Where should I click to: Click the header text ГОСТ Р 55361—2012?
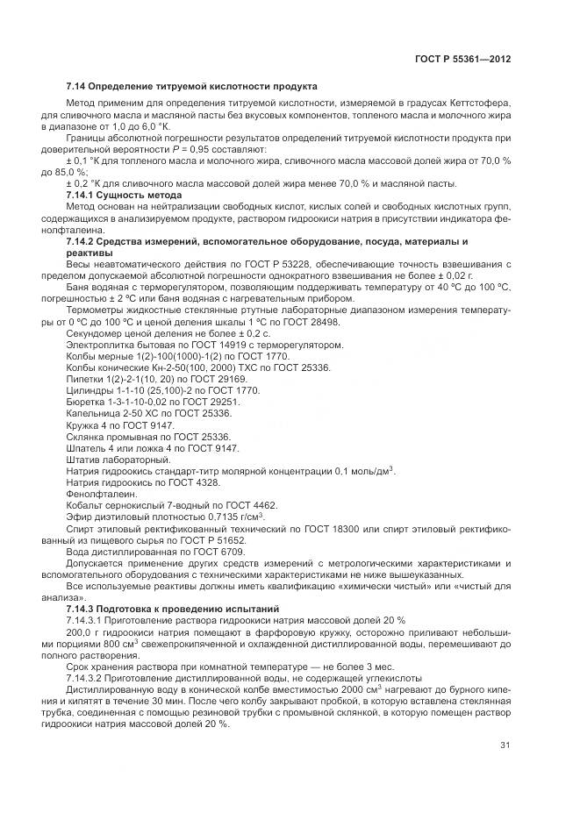(x=462, y=59)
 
